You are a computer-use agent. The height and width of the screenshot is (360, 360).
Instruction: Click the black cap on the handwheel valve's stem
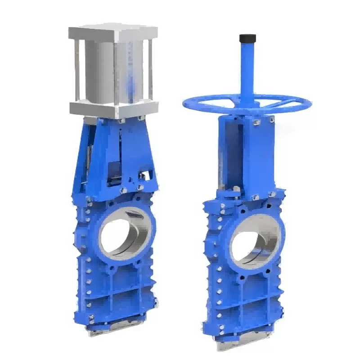[x=247, y=38]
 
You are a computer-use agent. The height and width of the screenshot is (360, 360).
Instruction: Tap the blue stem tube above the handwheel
[x=247, y=67]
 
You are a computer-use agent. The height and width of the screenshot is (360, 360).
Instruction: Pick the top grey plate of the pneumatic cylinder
[x=113, y=33]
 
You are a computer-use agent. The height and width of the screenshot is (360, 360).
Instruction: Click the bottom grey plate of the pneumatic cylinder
[x=113, y=108]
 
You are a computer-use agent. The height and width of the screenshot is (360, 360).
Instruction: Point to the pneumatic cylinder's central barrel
[x=115, y=70]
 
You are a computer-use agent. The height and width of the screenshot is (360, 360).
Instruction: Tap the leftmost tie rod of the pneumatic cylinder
[x=77, y=70]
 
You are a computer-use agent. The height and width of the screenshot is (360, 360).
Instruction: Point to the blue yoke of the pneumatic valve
[x=115, y=153]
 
